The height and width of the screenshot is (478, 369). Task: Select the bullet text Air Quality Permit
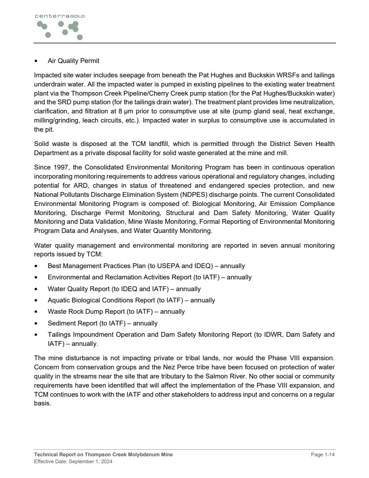click(x=73, y=61)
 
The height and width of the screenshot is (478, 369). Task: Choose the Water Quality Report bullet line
click(x=124, y=289)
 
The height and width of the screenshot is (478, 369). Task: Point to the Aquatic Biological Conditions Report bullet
click(x=131, y=300)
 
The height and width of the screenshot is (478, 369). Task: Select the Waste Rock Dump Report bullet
click(x=116, y=311)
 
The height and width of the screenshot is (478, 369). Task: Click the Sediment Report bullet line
click(x=103, y=323)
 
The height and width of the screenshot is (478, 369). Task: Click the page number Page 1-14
click(x=323, y=454)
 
